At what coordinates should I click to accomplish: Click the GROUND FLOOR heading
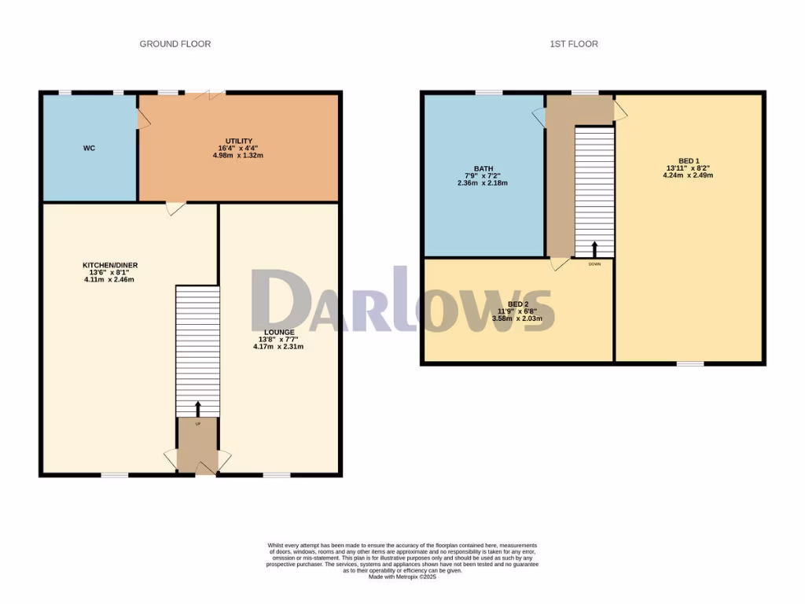pyautogui.click(x=175, y=44)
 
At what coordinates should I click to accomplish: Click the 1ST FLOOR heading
pyautogui.click(x=573, y=44)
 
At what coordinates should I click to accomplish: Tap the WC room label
pyautogui.click(x=89, y=148)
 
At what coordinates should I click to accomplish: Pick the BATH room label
pyautogui.click(x=483, y=168)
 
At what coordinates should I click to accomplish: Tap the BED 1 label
pyautogui.click(x=688, y=160)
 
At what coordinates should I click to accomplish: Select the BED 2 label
pyautogui.click(x=517, y=304)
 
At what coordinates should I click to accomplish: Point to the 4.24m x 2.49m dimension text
pyautogui.click(x=688, y=175)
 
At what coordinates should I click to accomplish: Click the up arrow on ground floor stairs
pyautogui.click(x=197, y=408)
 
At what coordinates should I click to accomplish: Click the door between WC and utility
pyautogui.click(x=142, y=118)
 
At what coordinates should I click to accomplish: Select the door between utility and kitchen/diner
pyautogui.click(x=175, y=208)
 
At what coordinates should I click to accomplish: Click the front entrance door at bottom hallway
pyautogui.click(x=205, y=469)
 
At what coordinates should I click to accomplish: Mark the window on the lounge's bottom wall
pyautogui.click(x=276, y=474)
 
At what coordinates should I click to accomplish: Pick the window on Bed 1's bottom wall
pyautogui.click(x=690, y=363)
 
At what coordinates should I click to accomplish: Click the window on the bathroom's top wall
pyautogui.click(x=488, y=92)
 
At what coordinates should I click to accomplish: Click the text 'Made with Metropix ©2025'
pyautogui.click(x=402, y=577)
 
